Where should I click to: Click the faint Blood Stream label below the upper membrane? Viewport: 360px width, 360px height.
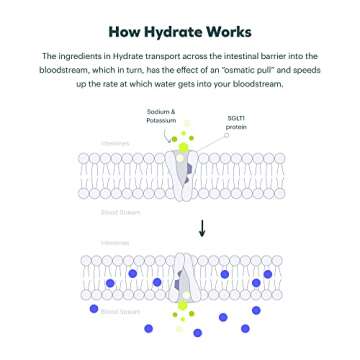point(117,213)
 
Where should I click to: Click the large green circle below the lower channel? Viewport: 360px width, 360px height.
point(182,306)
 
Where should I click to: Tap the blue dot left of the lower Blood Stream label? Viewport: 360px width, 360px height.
point(93,310)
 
